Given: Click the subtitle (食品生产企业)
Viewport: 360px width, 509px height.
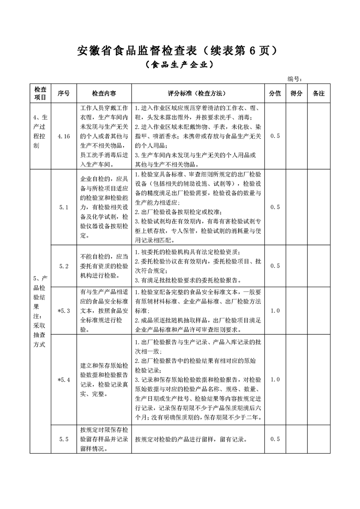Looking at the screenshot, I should click(179, 65).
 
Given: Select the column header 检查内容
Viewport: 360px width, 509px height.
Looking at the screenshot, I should click(104, 93).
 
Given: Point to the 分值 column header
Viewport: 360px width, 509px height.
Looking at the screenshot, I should click(275, 93).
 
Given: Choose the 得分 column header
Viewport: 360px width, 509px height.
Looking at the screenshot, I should click(296, 93).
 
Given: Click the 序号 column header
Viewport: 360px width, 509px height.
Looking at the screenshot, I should click(64, 93).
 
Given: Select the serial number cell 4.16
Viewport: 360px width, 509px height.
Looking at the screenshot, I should click(64, 136).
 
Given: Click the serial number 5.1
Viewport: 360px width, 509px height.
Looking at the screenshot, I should click(64, 207).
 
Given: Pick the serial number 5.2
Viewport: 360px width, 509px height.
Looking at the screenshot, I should click(64, 266).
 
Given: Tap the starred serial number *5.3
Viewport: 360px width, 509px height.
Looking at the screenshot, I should click(64, 311).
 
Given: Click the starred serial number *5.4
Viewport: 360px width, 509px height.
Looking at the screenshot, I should click(64, 380).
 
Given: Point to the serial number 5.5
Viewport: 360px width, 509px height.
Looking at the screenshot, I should click(64, 439).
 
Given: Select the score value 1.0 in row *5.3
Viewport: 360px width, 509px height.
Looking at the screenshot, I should click(275, 311).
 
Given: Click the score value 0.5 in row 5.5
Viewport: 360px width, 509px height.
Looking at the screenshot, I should click(275, 439).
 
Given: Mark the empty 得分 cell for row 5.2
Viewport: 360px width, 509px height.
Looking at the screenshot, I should click(296, 266).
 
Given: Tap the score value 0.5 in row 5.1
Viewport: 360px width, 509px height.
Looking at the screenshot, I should click(275, 207).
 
